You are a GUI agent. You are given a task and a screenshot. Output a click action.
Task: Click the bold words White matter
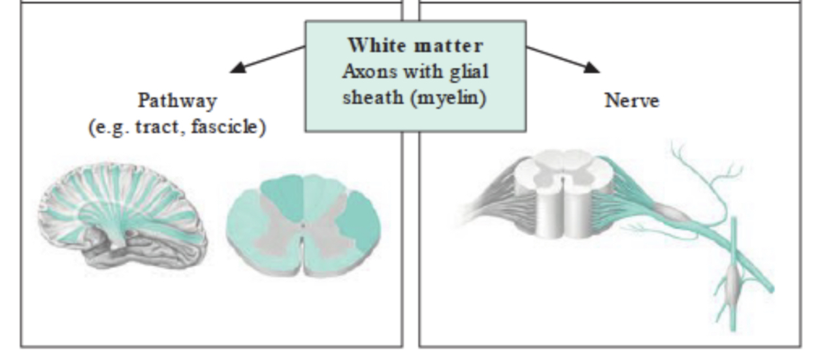pos(415,46)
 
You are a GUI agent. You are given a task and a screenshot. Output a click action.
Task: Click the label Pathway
pos(176,101)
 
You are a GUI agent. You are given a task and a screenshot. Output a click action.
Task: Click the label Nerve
pos(631,101)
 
